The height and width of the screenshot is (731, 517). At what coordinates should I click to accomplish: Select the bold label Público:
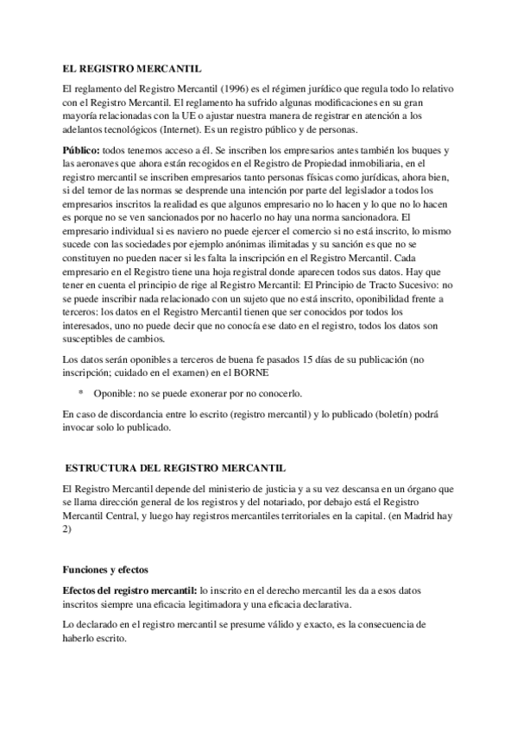pos(81,149)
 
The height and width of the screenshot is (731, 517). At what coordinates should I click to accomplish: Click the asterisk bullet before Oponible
pos(81,393)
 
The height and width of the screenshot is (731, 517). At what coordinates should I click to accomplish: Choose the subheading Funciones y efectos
pos(106,570)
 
